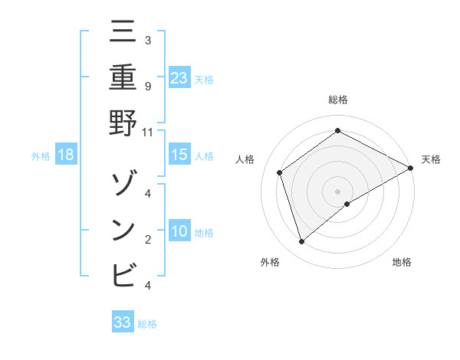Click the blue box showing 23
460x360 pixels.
[x=179, y=77]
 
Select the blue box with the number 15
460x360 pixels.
[x=179, y=155]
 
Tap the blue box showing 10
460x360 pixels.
[x=179, y=231]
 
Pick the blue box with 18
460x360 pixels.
[x=66, y=155]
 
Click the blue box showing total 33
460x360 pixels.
[x=123, y=322]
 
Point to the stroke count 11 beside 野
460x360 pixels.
[x=147, y=132]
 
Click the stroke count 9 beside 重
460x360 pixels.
[x=147, y=86]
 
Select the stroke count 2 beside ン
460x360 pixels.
[x=147, y=239]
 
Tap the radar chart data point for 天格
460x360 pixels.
[x=411, y=169]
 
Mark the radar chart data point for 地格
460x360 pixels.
[x=347, y=204]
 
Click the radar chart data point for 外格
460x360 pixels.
[x=302, y=242]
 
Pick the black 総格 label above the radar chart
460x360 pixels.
[x=338, y=100]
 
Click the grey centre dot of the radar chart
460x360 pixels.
[x=338, y=191]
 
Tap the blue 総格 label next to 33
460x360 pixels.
[x=148, y=324]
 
